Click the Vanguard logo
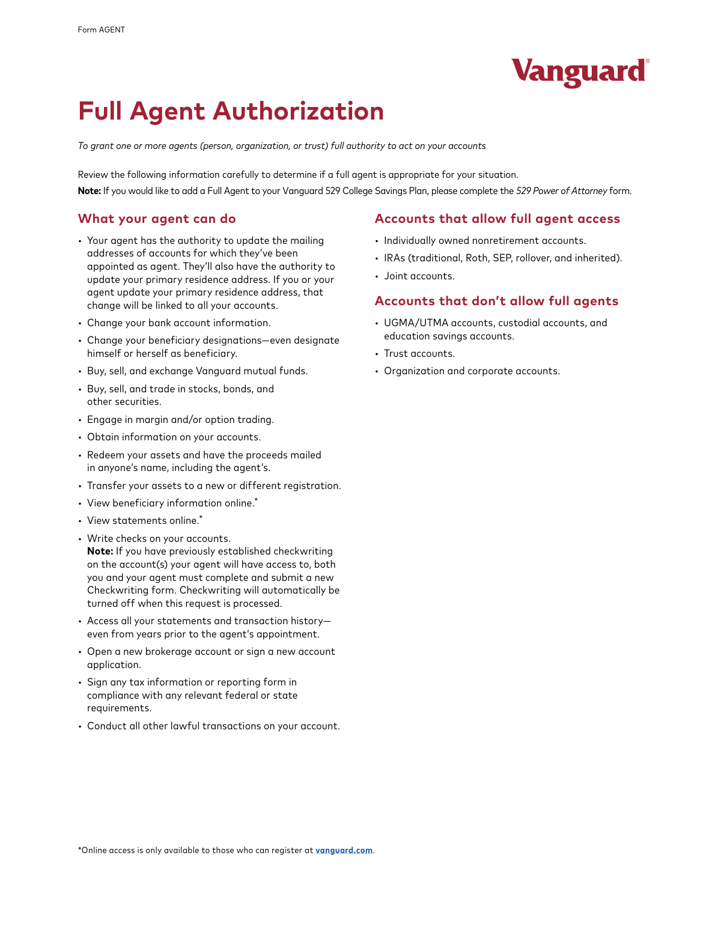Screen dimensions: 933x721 tap(580, 72)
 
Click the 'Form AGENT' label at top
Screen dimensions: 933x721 tap(102, 30)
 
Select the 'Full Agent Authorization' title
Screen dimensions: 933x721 tap(231, 112)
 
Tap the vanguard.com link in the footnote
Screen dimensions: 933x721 tap(344, 851)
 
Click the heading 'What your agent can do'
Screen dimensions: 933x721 tap(157, 219)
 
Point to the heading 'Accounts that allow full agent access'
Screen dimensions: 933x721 tap(497, 219)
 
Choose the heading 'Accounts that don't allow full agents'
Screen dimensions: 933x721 tap(496, 301)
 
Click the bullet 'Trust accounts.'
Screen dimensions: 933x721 tap(419, 354)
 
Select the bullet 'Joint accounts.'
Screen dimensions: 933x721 tap(419, 276)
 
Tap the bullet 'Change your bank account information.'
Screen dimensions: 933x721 tap(178, 323)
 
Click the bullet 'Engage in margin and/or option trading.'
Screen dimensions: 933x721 tap(180, 420)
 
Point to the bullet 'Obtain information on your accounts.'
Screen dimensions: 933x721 tap(174, 437)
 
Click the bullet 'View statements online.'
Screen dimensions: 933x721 tap(143, 521)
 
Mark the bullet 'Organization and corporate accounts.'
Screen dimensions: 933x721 tap(472, 371)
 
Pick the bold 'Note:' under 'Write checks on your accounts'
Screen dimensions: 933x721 tap(100, 552)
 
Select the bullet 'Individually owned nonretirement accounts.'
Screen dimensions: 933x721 tap(485, 241)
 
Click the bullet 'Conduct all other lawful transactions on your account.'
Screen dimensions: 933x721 tap(213, 726)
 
